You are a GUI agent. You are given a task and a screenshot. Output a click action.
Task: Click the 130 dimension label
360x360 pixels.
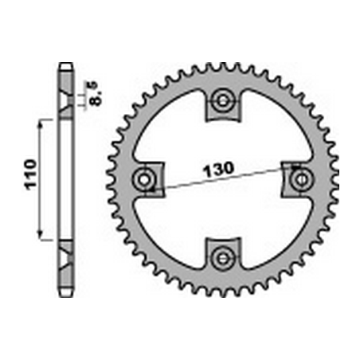click(218, 169)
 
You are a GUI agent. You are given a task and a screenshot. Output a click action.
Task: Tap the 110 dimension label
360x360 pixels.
click(30, 174)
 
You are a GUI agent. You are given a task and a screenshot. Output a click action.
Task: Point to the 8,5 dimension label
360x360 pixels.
click(96, 93)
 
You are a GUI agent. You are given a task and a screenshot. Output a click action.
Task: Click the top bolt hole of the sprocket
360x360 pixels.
click(223, 100)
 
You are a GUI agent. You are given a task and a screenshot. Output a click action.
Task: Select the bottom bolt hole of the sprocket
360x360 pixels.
click(223, 257)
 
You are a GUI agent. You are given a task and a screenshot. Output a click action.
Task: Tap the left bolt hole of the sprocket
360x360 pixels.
click(144, 180)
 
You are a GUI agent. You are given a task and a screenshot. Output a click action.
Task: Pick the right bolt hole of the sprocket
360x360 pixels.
click(301, 180)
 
